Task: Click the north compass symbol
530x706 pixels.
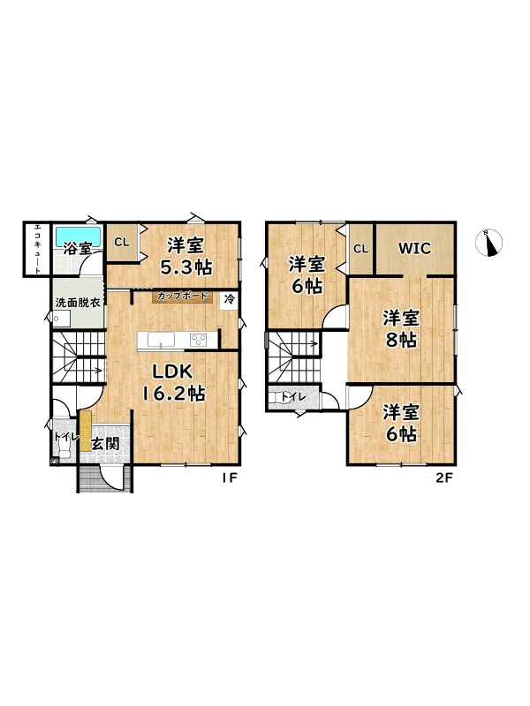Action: tap(489, 243)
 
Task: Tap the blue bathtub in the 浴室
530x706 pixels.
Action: tap(78, 236)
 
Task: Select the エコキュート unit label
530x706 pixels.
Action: tap(38, 249)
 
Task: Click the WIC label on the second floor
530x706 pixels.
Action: tap(414, 248)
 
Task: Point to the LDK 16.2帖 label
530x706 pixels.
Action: tap(173, 383)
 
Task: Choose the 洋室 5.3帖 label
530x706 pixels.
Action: tap(185, 256)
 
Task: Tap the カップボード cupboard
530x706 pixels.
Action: tap(182, 297)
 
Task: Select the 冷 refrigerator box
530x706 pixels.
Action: tap(229, 300)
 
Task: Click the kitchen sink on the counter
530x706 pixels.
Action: tap(161, 340)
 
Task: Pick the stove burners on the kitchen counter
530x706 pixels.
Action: tap(198, 340)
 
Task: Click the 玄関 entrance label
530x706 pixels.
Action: tap(105, 444)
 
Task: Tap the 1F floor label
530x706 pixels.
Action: tap(229, 478)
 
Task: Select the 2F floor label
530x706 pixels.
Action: tap(443, 478)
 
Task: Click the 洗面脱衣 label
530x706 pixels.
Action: tap(78, 302)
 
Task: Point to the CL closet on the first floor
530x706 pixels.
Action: tap(122, 242)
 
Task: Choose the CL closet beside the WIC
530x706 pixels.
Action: tap(360, 249)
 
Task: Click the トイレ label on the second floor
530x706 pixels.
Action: tap(294, 398)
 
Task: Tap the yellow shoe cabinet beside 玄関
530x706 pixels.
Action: tap(86, 431)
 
